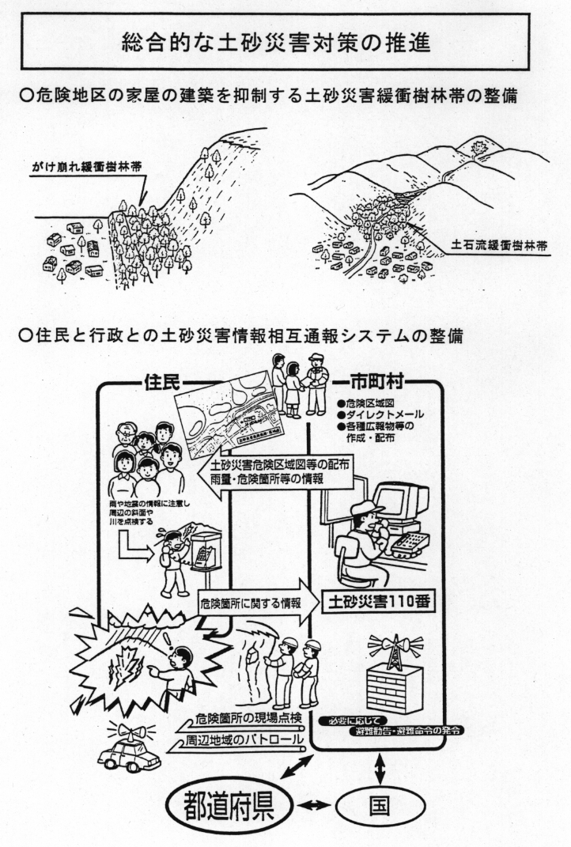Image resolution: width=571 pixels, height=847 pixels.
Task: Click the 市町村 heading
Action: (383, 381)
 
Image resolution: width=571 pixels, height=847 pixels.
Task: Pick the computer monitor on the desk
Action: (400, 503)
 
